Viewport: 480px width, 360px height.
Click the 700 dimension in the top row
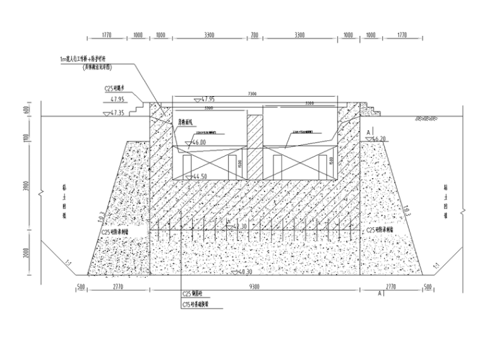tap(255, 35)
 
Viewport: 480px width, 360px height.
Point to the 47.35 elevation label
tap(118, 112)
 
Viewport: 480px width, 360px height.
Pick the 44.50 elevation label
tap(200, 176)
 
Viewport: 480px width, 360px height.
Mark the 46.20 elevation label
tap(379, 138)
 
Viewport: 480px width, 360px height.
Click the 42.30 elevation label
tap(240, 225)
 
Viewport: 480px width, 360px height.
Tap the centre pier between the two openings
tap(255, 146)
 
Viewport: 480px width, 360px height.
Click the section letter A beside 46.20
tap(368, 131)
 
